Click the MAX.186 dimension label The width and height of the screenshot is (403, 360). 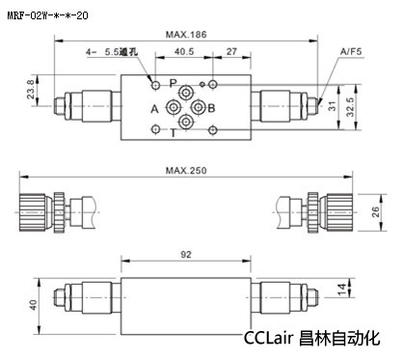click(x=186, y=35)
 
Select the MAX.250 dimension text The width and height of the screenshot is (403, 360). click(x=186, y=170)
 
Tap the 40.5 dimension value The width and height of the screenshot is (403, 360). click(x=184, y=51)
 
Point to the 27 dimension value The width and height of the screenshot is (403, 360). click(x=231, y=51)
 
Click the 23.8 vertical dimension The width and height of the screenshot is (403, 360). click(x=31, y=89)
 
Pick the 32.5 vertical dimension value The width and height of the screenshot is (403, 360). click(x=350, y=107)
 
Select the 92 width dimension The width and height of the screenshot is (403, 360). click(x=186, y=255)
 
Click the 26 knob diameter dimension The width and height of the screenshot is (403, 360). click(x=375, y=212)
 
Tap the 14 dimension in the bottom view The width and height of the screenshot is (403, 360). click(x=342, y=290)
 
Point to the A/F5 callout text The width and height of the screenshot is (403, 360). click(x=351, y=51)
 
